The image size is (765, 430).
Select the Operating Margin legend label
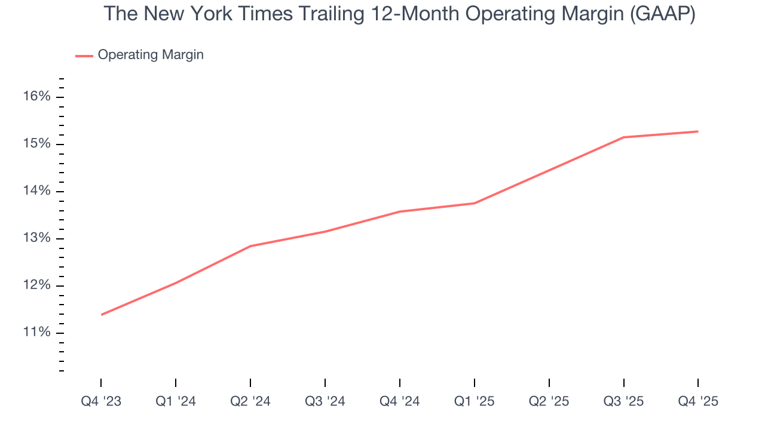(x=151, y=55)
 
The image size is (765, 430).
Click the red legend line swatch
(x=84, y=56)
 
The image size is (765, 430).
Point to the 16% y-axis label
(x=36, y=97)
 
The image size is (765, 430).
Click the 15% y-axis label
(x=36, y=144)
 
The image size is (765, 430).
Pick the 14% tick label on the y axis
(x=36, y=191)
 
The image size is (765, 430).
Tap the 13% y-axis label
(x=36, y=238)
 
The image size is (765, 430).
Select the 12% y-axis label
(x=36, y=285)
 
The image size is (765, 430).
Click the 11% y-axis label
(x=36, y=333)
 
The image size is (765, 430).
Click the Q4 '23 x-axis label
(x=101, y=401)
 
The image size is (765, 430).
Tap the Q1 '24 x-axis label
(x=176, y=401)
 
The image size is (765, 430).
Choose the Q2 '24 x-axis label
(x=250, y=401)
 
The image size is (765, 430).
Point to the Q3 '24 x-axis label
(x=325, y=401)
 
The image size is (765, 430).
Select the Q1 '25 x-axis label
(x=475, y=401)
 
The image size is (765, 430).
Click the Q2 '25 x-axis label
(x=549, y=401)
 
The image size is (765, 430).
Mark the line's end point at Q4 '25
(x=698, y=131)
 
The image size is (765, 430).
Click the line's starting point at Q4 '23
(x=102, y=315)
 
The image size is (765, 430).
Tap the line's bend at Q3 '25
(x=624, y=137)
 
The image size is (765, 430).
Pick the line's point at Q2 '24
(x=250, y=246)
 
